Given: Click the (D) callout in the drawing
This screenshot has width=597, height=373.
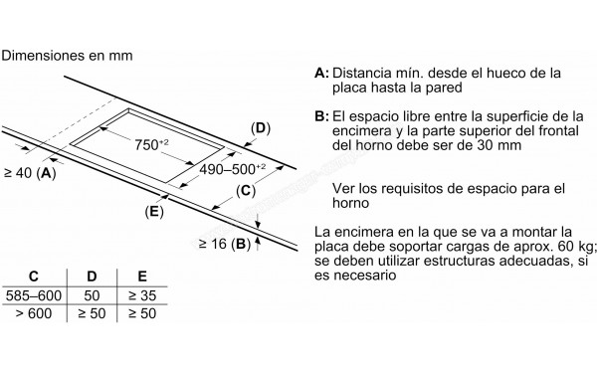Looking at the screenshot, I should pos(260,128).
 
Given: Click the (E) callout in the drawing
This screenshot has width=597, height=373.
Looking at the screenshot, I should pos(153,211).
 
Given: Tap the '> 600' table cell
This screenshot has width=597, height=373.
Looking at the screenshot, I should pos(34,313).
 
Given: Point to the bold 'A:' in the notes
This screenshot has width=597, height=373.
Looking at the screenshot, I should pos(320,74).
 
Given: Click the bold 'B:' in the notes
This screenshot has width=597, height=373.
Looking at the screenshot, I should pos(320,116).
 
